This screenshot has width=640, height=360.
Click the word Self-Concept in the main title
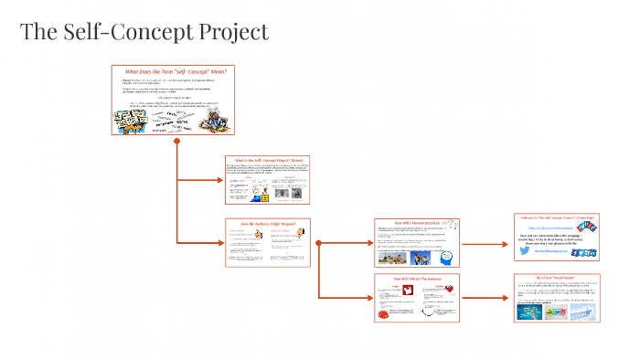point(127,32)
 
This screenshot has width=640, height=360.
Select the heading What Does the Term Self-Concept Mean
point(175,70)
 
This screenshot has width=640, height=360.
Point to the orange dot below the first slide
point(176,141)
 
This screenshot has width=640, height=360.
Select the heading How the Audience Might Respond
point(267,223)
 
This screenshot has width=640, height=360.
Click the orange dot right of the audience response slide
point(318,243)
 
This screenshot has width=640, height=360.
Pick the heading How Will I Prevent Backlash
point(416,223)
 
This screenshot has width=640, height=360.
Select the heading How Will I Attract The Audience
point(416,278)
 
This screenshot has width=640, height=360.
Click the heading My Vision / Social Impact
point(557,277)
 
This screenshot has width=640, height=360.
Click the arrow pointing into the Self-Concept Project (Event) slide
point(215,180)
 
